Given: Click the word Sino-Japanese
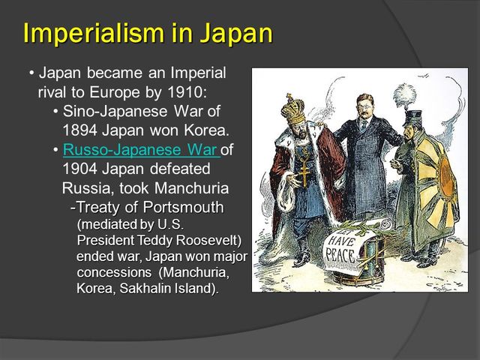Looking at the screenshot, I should pos(120,111).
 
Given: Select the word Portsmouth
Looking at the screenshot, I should pos(182,207).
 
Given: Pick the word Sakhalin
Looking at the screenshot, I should pos(149,289).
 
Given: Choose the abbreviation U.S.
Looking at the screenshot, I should pos(171,224).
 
